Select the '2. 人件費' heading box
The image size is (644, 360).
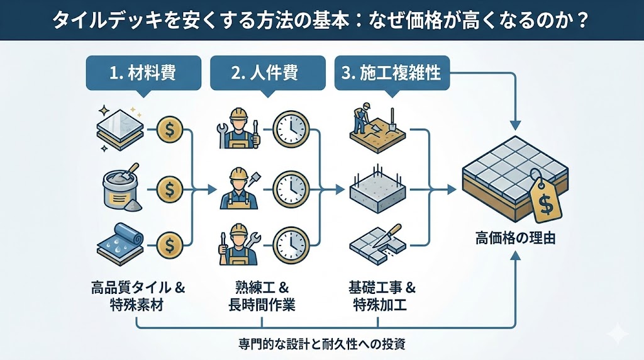point(267,73)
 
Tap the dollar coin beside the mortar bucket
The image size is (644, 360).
point(170,187)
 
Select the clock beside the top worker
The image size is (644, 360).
point(291,129)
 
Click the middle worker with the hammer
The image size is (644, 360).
point(237,187)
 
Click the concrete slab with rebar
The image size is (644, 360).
point(374,187)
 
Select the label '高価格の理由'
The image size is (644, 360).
point(515,239)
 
